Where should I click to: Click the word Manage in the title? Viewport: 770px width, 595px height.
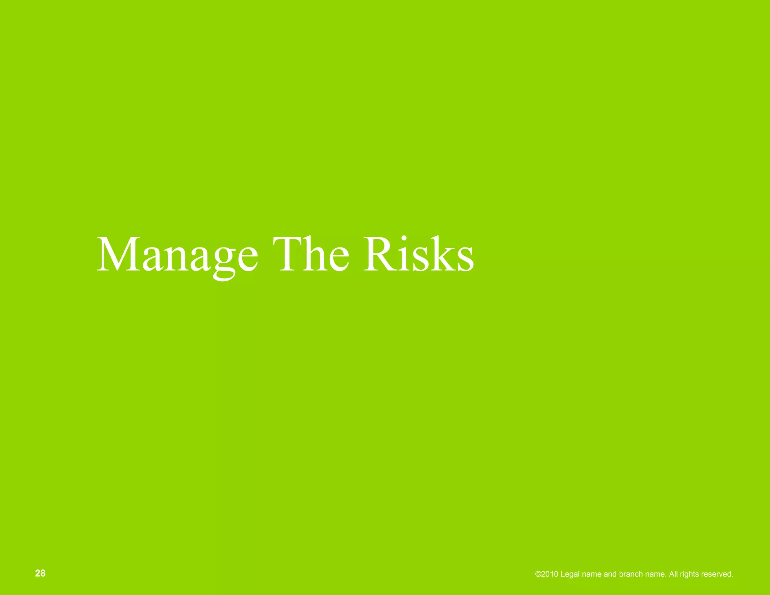[177, 254]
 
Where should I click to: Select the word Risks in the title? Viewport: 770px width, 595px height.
[418, 253]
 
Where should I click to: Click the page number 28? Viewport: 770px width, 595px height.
[40, 573]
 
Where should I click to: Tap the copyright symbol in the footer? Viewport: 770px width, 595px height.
[538, 574]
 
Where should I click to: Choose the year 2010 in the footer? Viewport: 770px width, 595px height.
[549, 574]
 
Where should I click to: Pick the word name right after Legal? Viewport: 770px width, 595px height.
[591, 574]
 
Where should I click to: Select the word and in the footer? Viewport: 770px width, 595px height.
[610, 574]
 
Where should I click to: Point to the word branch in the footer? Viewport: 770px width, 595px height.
[631, 574]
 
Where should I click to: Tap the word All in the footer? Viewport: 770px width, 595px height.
[673, 574]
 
